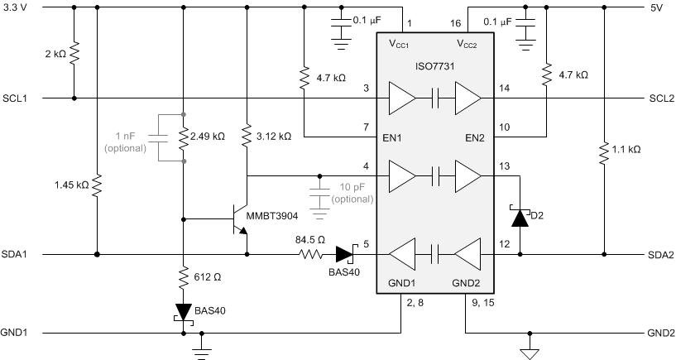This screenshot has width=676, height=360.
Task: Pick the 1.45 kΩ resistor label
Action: pos(72,185)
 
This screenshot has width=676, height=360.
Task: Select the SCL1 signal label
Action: pos(15,98)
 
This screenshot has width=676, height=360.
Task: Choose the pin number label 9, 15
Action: pos(481,302)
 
